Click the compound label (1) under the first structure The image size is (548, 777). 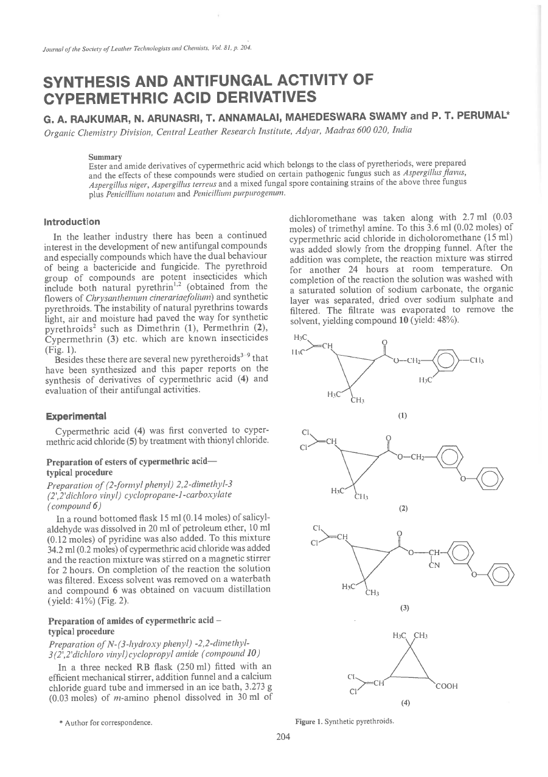tap(403, 416)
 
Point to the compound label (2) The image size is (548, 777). tap(403, 507)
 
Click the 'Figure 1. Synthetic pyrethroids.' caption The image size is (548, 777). tap(344, 722)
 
